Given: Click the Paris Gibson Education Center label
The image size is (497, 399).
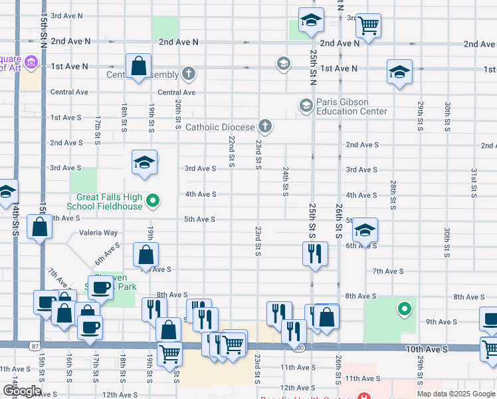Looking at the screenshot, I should click(x=351, y=106).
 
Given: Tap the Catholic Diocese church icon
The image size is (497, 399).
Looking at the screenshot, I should click(x=264, y=126).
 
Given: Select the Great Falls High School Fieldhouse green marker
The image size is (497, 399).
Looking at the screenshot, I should click(x=153, y=199).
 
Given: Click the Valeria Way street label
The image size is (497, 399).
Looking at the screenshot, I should click(x=98, y=233).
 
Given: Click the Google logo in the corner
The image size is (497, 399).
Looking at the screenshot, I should click(x=22, y=391).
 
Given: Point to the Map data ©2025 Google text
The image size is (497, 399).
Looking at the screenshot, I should click(x=455, y=394).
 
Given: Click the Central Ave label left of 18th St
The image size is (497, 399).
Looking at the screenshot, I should click(x=69, y=92).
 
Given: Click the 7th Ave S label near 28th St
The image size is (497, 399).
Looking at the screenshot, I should click(x=389, y=271).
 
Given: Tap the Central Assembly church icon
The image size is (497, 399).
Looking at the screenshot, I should click(x=189, y=74).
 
